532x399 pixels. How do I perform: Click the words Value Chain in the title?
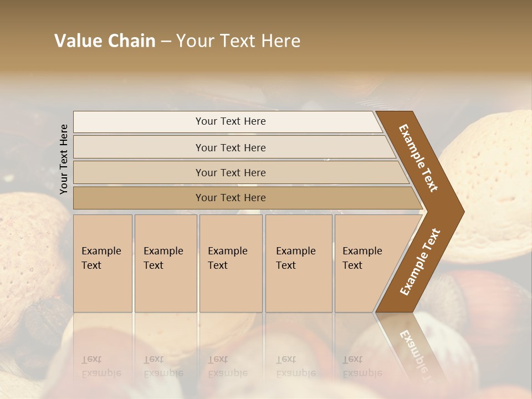point(105,41)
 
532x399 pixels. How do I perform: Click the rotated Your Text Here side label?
point(64,159)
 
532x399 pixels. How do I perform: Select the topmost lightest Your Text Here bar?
point(231,121)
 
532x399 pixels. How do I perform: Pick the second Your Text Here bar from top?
point(231,147)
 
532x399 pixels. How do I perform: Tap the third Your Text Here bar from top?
point(231,172)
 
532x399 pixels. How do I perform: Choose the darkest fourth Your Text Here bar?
point(231,198)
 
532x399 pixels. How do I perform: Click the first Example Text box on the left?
point(103,263)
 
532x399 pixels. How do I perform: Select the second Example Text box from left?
point(165,263)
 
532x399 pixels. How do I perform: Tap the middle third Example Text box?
point(230,263)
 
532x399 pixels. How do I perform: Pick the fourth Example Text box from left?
point(298,263)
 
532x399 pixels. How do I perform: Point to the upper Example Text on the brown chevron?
point(419,158)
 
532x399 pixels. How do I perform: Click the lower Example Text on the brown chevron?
point(420,262)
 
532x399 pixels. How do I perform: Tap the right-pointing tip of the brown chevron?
point(461,211)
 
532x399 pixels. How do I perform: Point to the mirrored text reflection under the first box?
point(101,366)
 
